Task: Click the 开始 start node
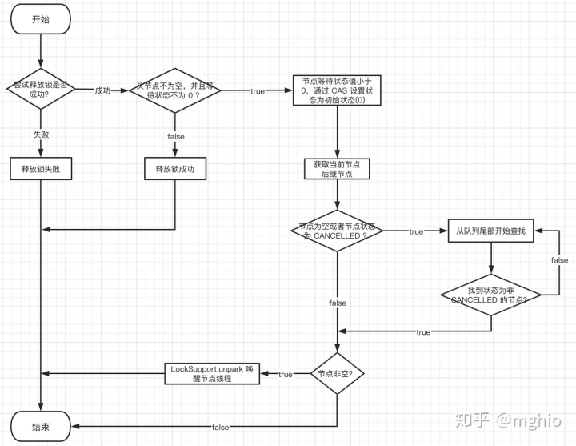point(40,20)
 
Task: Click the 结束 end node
point(40,427)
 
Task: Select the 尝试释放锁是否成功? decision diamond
point(40,90)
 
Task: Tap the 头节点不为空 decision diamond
point(174,90)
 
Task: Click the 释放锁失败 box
point(40,169)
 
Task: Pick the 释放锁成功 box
point(174,169)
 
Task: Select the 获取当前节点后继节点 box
point(336,169)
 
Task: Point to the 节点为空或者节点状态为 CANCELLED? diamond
point(336,231)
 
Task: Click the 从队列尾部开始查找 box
point(490,231)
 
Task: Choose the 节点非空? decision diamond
point(336,373)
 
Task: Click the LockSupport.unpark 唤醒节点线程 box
point(214,373)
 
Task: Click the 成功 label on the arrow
point(102,90)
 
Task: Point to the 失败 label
point(41,135)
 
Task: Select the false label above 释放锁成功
point(175,136)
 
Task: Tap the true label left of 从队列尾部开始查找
point(416,231)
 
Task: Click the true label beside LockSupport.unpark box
point(286,374)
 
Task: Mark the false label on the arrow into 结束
point(221,428)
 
